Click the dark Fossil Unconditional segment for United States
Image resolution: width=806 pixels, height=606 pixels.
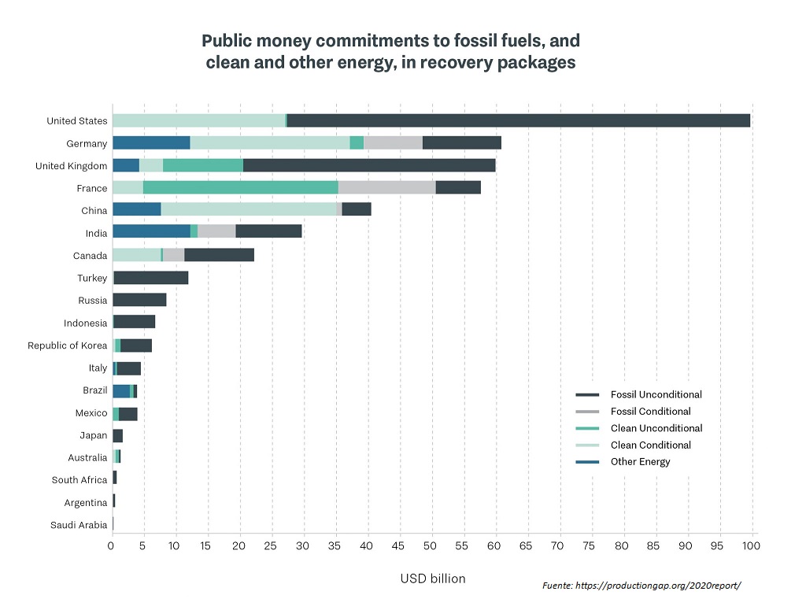(x=518, y=120)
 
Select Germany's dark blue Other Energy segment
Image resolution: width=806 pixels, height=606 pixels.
(x=151, y=142)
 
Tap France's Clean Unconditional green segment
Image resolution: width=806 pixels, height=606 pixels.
(x=241, y=187)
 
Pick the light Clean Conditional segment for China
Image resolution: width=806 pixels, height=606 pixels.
(x=249, y=209)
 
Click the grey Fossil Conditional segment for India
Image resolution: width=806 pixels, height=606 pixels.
(x=216, y=231)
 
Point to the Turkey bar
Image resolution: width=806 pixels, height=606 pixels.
(x=151, y=278)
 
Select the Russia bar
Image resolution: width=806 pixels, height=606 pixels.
(x=139, y=300)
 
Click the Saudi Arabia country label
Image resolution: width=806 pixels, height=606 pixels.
(x=79, y=525)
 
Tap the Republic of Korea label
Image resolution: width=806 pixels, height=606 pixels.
(x=68, y=345)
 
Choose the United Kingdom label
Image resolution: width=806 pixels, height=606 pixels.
(x=72, y=166)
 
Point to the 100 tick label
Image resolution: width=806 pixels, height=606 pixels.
(x=751, y=545)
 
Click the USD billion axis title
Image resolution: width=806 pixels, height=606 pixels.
(x=432, y=578)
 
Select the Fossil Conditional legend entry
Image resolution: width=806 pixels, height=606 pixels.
(x=650, y=412)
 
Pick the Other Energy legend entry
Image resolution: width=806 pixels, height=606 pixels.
(x=640, y=462)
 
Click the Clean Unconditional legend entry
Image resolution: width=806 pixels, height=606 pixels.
(x=656, y=428)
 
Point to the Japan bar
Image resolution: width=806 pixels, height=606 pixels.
(x=118, y=435)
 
